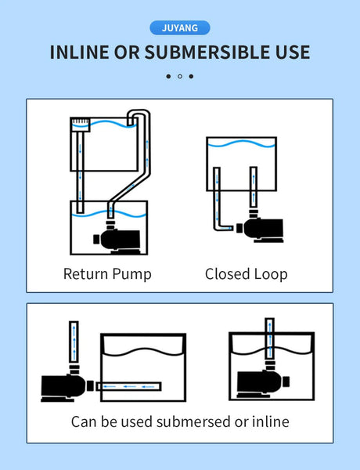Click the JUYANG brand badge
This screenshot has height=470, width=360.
click(x=180, y=28)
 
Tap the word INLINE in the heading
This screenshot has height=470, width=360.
click(x=79, y=52)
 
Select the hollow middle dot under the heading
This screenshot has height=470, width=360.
click(x=180, y=77)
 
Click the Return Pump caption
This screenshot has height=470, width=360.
click(x=107, y=274)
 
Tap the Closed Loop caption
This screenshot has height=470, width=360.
click(x=247, y=274)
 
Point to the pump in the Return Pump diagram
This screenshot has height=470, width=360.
click(x=117, y=237)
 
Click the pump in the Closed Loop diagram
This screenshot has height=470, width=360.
click(x=260, y=226)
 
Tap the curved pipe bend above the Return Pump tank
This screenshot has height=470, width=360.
click(x=139, y=114)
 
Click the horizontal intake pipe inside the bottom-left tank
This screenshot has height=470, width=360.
click(x=129, y=386)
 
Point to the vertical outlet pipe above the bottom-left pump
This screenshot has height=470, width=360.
click(x=74, y=342)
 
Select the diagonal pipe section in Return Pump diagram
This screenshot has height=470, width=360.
click(x=129, y=188)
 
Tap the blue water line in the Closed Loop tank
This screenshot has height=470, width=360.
click(x=241, y=143)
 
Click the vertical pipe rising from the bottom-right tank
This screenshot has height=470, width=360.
click(x=270, y=338)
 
